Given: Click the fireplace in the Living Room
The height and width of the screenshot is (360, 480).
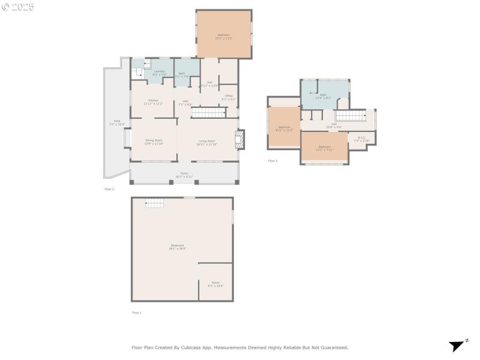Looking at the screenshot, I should pos(241,140).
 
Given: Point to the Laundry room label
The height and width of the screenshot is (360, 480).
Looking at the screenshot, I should pos(159,73).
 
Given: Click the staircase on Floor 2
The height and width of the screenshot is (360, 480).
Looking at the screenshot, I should pos(210,113).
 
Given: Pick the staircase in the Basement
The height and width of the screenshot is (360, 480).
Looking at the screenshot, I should pos(155,203).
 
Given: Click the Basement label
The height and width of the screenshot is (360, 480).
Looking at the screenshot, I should pos(178,247).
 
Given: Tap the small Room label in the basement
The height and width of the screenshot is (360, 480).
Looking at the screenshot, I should pos(215,284).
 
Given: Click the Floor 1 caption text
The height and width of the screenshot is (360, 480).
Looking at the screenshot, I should pos(137,313).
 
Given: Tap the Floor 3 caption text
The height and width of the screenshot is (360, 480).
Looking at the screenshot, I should pos(273,161).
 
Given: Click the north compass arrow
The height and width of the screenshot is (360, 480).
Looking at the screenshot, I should pos(458,345).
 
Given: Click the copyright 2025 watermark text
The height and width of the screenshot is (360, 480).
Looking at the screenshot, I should pos(19,7).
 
